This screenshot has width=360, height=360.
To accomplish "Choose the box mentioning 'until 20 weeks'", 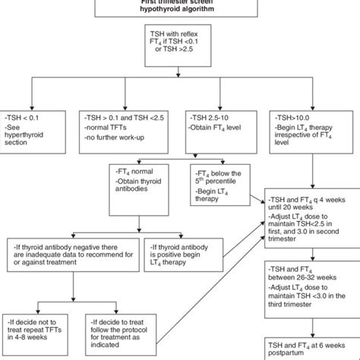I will pyautogui.click(x=310, y=223).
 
